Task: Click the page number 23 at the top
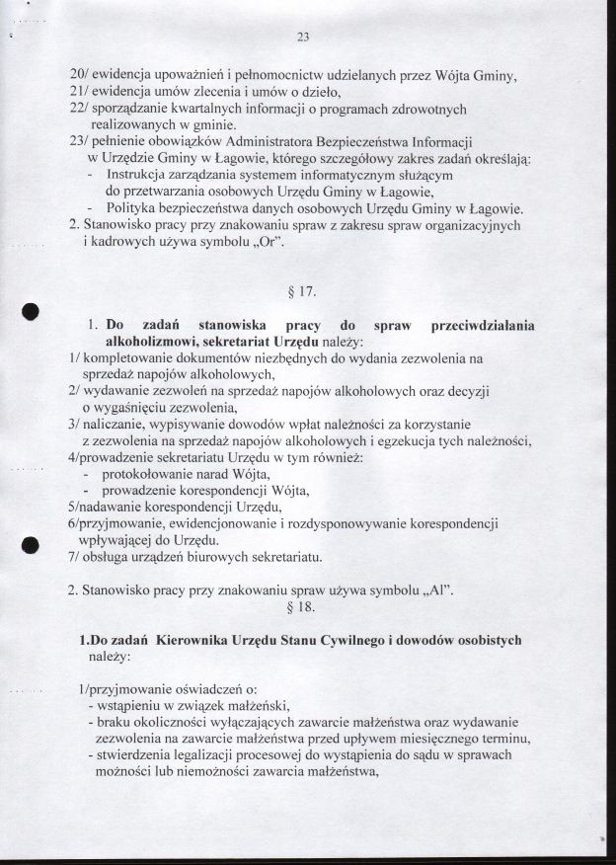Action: pos(303,39)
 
